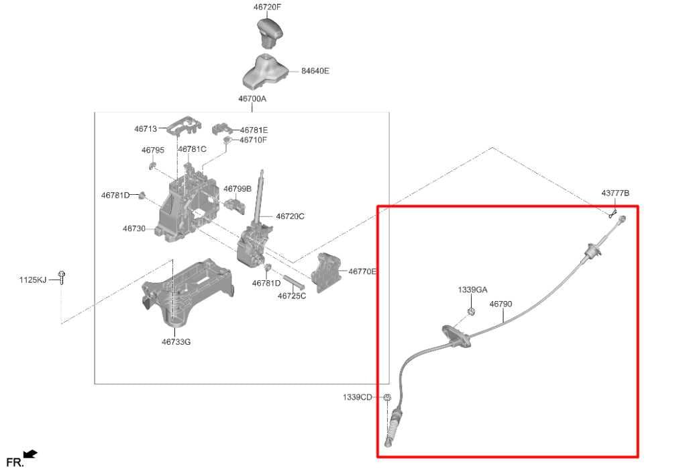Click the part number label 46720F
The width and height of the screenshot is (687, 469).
pyautogui.click(x=267, y=7)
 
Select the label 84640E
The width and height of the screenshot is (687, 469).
pyautogui.click(x=315, y=71)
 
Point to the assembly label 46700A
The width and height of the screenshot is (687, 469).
pyautogui.click(x=252, y=99)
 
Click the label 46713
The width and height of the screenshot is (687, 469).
pyautogui.click(x=145, y=128)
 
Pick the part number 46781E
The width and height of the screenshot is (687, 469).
pyautogui.click(x=254, y=130)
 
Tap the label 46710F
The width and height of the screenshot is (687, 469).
pyautogui.click(x=253, y=140)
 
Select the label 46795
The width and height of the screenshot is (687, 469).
pyautogui.click(x=152, y=151)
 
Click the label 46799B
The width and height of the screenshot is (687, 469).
pyautogui.click(x=237, y=189)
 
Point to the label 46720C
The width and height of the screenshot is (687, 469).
pyautogui.click(x=290, y=216)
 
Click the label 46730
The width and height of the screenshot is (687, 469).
pyautogui.click(x=134, y=229)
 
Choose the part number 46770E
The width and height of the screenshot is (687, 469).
pyautogui.click(x=362, y=271)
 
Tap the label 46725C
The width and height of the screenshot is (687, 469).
pyautogui.click(x=292, y=296)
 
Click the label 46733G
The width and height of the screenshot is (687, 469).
pyautogui.click(x=176, y=342)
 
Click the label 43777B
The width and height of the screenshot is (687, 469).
pyautogui.click(x=615, y=194)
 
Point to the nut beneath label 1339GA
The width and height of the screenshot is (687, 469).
pyautogui.click(x=471, y=310)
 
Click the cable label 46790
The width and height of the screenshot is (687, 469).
pyautogui.click(x=500, y=304)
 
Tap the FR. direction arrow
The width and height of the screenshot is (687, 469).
pyautogui.click(x=30, y=455)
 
